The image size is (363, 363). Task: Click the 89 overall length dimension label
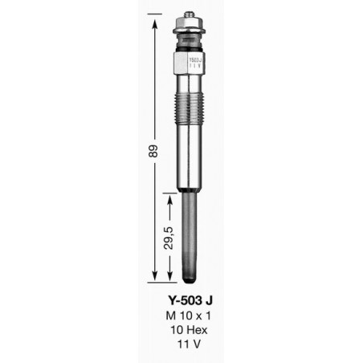coord(154,151)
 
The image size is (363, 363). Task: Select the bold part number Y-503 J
coord(190,300)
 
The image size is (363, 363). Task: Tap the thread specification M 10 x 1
coord(188,316)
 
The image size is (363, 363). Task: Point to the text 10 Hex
coord(189,330)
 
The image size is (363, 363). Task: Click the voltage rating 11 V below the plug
coord(189,345)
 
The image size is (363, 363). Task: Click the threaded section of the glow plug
coord(189,106)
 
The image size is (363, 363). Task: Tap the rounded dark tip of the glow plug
coord(189,279)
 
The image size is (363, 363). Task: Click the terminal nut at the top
coord(189,22)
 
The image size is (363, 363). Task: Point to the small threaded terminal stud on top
coord(190,14)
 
